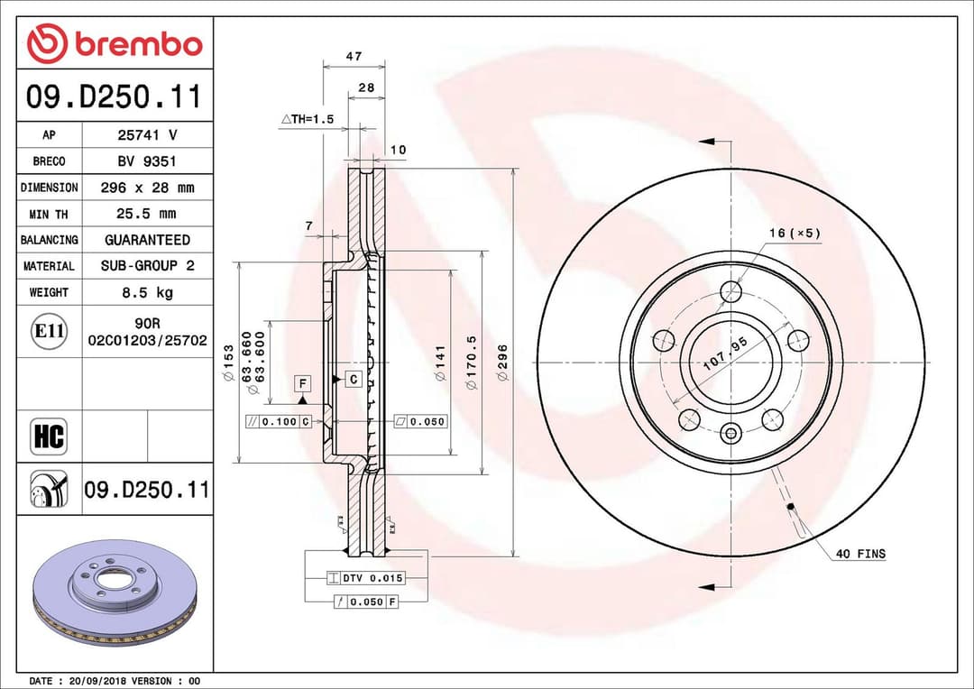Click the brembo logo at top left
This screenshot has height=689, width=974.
click(115, 43)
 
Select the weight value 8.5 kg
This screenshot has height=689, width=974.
click(147, 292)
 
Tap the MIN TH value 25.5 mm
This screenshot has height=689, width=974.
click(147, 214)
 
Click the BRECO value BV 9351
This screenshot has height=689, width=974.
click(147, 161)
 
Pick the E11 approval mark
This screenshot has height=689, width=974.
click(49, 331)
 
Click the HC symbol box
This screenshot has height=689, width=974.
click(49, 437)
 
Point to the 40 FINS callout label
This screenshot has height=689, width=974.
click(859, 554)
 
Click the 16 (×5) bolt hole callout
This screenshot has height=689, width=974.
click(795, 234)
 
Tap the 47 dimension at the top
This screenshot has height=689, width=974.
click(354, 56)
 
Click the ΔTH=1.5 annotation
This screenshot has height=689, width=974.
click(308, 119)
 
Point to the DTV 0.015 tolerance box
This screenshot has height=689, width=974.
click(365, 577)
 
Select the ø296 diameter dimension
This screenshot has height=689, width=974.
click(503, 362)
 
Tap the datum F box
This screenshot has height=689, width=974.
click(303, 383)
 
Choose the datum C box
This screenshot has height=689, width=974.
click(354, 379)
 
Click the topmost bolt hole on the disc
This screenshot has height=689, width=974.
click(731, 292)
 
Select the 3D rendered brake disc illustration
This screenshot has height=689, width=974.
click(115, 593)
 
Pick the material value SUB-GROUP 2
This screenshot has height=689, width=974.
click(147, 266)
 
